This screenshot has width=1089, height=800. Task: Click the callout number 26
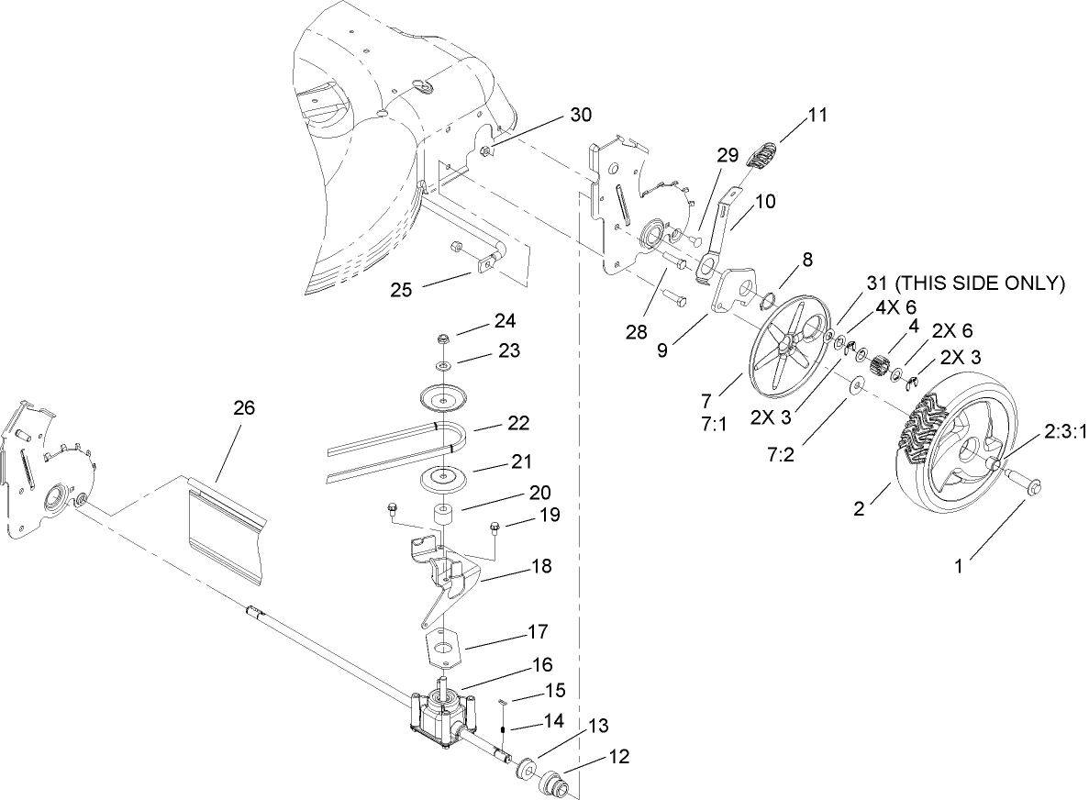(x=243, y=410)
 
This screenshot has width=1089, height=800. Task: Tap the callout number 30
(x=581, y=115)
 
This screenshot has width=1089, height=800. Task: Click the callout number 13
(x=598, y=727)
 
